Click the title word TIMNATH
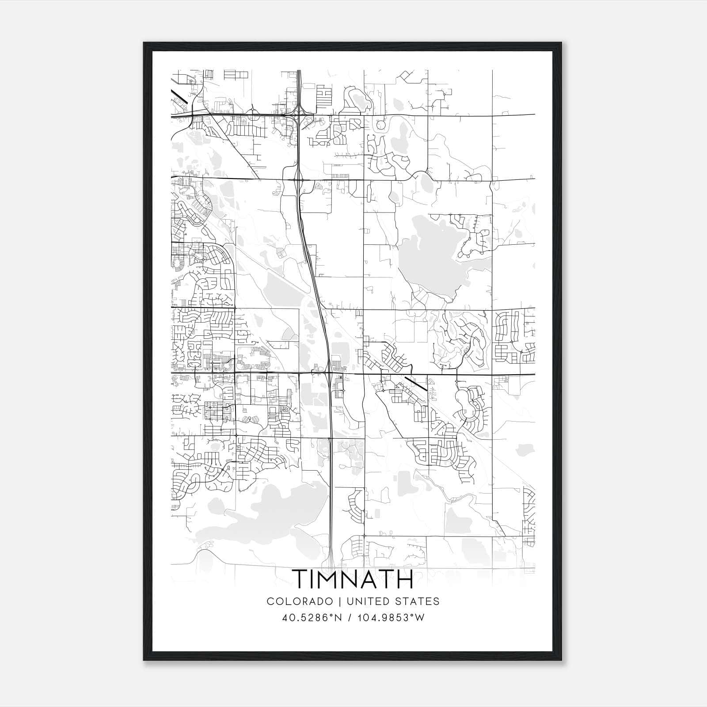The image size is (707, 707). [x=353, y=579]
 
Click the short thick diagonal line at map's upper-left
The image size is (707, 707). [x=179, y=97]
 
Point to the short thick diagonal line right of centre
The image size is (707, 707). [x=415, y=384]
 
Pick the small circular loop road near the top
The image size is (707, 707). [x=380, y=125]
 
